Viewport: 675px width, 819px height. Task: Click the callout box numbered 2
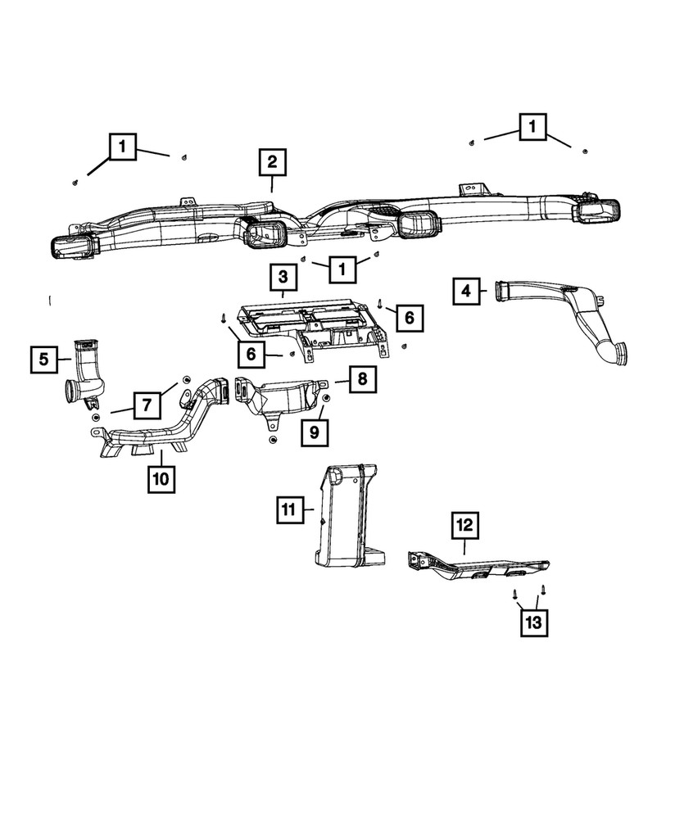click(272, 162)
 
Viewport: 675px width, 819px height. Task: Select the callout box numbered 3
click(283, 278)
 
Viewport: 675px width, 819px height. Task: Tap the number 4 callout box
click(466, 291)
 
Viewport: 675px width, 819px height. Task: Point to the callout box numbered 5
click(44, 360)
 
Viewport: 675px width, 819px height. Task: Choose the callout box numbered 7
click(147, 405)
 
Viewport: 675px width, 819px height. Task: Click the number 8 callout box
click(363, 378)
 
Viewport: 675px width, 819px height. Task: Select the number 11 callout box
click(289, 509)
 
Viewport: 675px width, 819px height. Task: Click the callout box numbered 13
click(534, 622)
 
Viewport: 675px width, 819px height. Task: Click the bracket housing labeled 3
click(314, 327)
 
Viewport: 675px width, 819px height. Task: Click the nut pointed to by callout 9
click(327, 400)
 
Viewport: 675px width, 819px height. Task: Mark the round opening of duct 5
click(71, 391)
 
